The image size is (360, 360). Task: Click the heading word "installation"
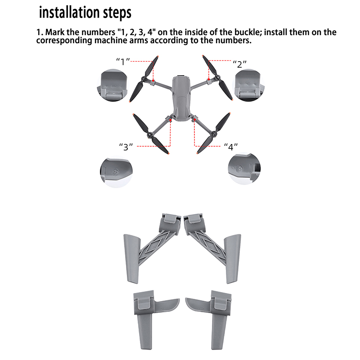pyautogui.click(x=70, y=12)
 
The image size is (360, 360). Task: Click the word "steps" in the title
pyautogui.click(x=117, y=13)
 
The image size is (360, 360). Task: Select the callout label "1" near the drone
pyautogui.click(x=123, y=62)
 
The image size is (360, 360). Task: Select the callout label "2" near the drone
pyautogui.click(x=240, y=64)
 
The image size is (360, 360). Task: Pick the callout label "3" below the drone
pyautogui.click(x=126, y=147)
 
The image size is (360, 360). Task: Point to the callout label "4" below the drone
pyautogui.click(x=231, y=147)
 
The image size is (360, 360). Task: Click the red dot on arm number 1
pyautogui.click(x=153, y=81)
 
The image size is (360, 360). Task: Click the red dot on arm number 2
pyautogui.click(x=209, y=80)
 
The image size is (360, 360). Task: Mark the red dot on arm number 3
pyautogui.click(x=171, y=120)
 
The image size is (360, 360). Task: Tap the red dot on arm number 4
pyautogui.click(x=195, y=120)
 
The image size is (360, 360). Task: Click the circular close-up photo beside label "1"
pyautogui.click(x=113, y=85)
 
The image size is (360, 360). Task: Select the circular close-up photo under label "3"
pyautogui.click(x=117, y=172)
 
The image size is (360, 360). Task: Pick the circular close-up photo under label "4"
pyautogui.click(x=244, y=169)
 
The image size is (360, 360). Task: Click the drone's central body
pyautogui.click(x=182, y=98)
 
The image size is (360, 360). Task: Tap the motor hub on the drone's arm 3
pyautogui.click(x=150, y=135)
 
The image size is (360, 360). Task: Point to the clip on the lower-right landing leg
pyautogui.click(x=221, y=300)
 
